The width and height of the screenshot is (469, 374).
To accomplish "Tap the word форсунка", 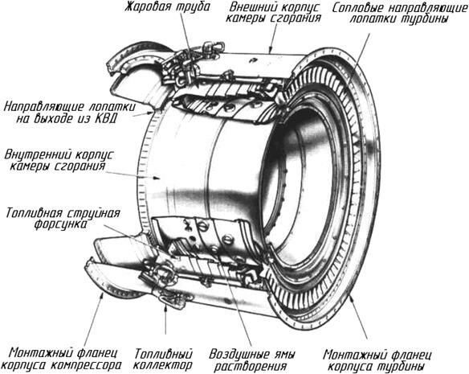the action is click(60, 224).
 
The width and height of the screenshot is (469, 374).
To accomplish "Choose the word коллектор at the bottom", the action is click(162, 365).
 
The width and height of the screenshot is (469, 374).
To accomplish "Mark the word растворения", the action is click(251, 367).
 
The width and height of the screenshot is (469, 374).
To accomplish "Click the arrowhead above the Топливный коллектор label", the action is click(165, 308).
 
